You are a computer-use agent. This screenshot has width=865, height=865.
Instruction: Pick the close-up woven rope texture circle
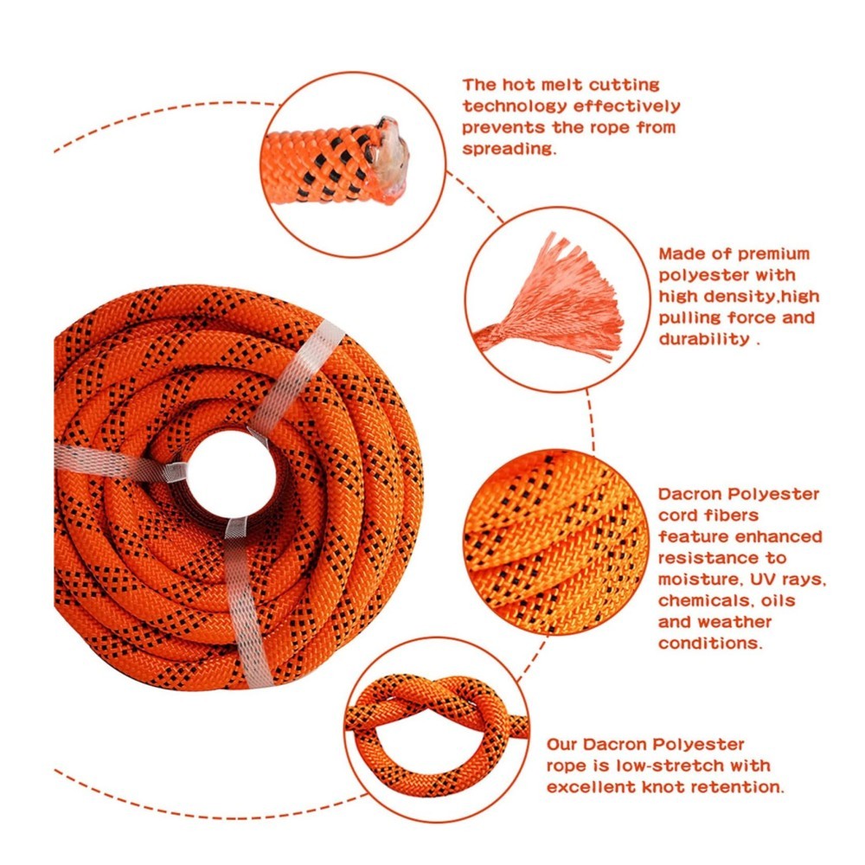click(554, 541)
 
